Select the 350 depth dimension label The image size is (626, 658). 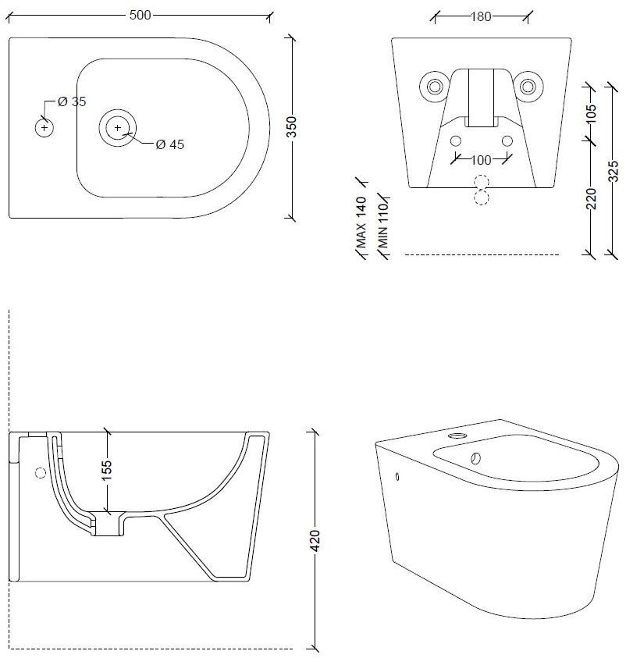(292, 127)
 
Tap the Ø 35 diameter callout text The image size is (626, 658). (72, 101)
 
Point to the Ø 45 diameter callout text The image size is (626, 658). (169, 144)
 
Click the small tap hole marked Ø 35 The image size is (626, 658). (44, 126)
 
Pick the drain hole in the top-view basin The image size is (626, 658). (117, 127)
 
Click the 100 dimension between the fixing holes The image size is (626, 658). (482, 160)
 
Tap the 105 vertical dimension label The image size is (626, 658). (590, 114)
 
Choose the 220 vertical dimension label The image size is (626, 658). (591, 198)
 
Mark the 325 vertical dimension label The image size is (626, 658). (613, 169)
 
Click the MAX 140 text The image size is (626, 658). (361, 222)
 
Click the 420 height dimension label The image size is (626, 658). (315, 540)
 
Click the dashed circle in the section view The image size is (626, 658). (41, 471)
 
